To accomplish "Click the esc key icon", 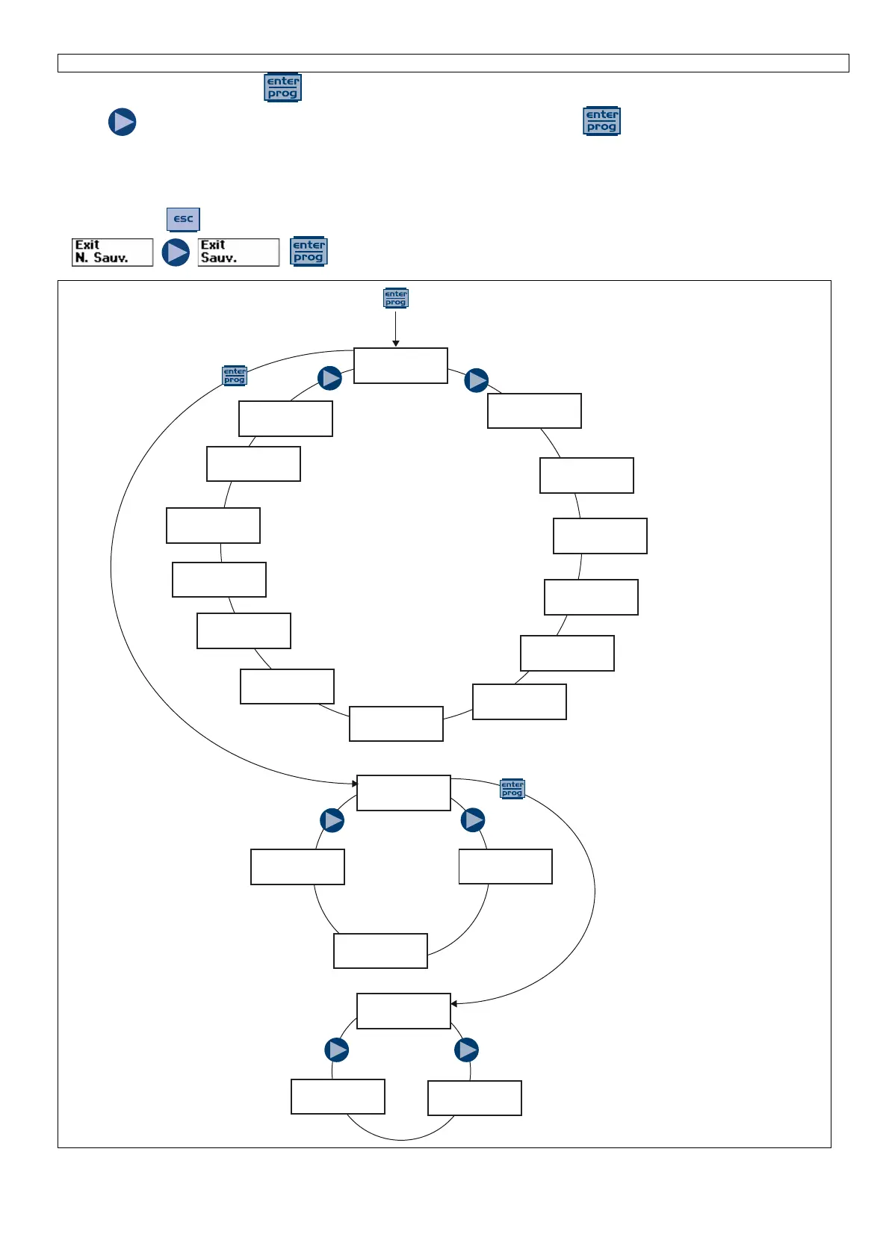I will pos(183,219).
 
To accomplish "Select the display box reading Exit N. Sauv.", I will pos(112,252).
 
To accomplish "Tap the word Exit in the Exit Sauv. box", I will pos(213,245).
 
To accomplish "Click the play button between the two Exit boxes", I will pos(176,252).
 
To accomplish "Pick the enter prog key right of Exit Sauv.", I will pos(309,252).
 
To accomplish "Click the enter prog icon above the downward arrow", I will pos(396,298).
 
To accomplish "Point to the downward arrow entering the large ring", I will pos(396,329).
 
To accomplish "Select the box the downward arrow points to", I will pos(400,365).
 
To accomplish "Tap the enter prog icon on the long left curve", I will pos(235,376).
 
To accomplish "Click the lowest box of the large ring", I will pos(396,724).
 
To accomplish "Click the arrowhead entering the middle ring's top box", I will pos(355,784).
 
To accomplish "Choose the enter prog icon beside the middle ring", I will pos(512,789).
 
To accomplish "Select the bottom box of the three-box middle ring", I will pos(380,951).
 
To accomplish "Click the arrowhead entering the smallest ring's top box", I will pos(454,1003).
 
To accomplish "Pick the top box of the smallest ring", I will pos(403,1011).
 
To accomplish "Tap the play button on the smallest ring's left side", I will pos(337,1050).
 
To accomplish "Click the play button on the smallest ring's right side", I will pos(467,1050).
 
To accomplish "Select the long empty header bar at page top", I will pos(453,63).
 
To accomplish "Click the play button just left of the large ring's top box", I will pos(329,378).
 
